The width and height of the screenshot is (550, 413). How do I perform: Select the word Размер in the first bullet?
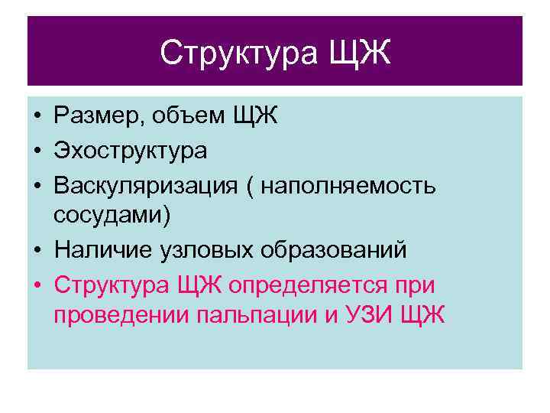[x=99, y=116]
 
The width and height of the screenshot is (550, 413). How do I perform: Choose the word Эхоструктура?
[x=130, y=150]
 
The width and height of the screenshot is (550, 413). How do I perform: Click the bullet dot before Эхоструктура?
[x=37, y=151]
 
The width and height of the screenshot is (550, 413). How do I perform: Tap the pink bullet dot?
[x=37, y=285]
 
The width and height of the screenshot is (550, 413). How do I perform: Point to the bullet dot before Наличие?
[x=37, y=251]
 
